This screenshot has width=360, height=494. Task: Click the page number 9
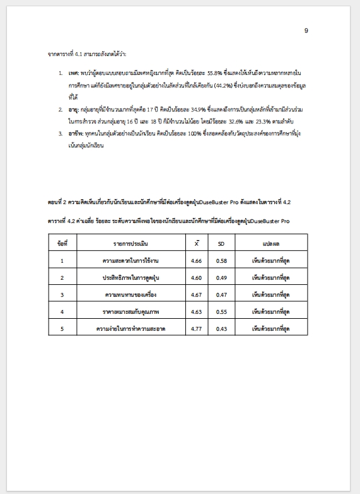[306, 31]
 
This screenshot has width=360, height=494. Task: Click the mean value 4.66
[196, 260]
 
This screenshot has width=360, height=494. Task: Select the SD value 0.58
[221, 260]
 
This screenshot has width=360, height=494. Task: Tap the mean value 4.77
[196, 329]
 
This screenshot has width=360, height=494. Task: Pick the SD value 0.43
[221, 329]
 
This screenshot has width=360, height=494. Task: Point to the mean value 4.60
[196, 277]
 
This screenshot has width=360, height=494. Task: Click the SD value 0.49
[221, 277]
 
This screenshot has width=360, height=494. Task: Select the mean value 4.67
[196, 294]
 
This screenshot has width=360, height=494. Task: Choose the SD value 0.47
[221, 294]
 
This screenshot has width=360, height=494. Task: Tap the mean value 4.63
[196, 311]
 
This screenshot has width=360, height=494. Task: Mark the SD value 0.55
[221, 311]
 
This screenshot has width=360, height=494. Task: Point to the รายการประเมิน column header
[131, 243]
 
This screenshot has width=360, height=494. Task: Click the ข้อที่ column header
[62, 243]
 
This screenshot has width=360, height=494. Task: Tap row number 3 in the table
[62, 294]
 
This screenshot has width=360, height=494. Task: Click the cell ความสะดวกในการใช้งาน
[131, 260]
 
